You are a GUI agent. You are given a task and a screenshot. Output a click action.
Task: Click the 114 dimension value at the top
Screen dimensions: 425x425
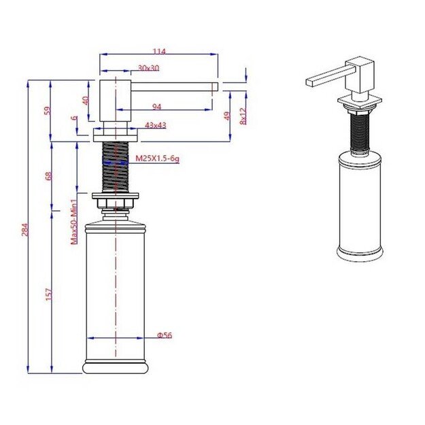160,50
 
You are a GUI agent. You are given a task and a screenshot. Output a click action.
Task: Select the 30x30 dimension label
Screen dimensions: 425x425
148,68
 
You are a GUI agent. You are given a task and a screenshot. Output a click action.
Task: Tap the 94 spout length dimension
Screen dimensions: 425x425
156,105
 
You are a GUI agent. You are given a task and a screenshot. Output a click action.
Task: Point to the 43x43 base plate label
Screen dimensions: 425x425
156,125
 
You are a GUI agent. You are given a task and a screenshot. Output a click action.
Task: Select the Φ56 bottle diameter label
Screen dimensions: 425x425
164,335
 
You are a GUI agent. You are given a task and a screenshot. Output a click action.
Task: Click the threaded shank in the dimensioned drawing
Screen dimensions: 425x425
116,167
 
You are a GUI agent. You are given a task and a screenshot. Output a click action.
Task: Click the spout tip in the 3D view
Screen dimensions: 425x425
310,82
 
